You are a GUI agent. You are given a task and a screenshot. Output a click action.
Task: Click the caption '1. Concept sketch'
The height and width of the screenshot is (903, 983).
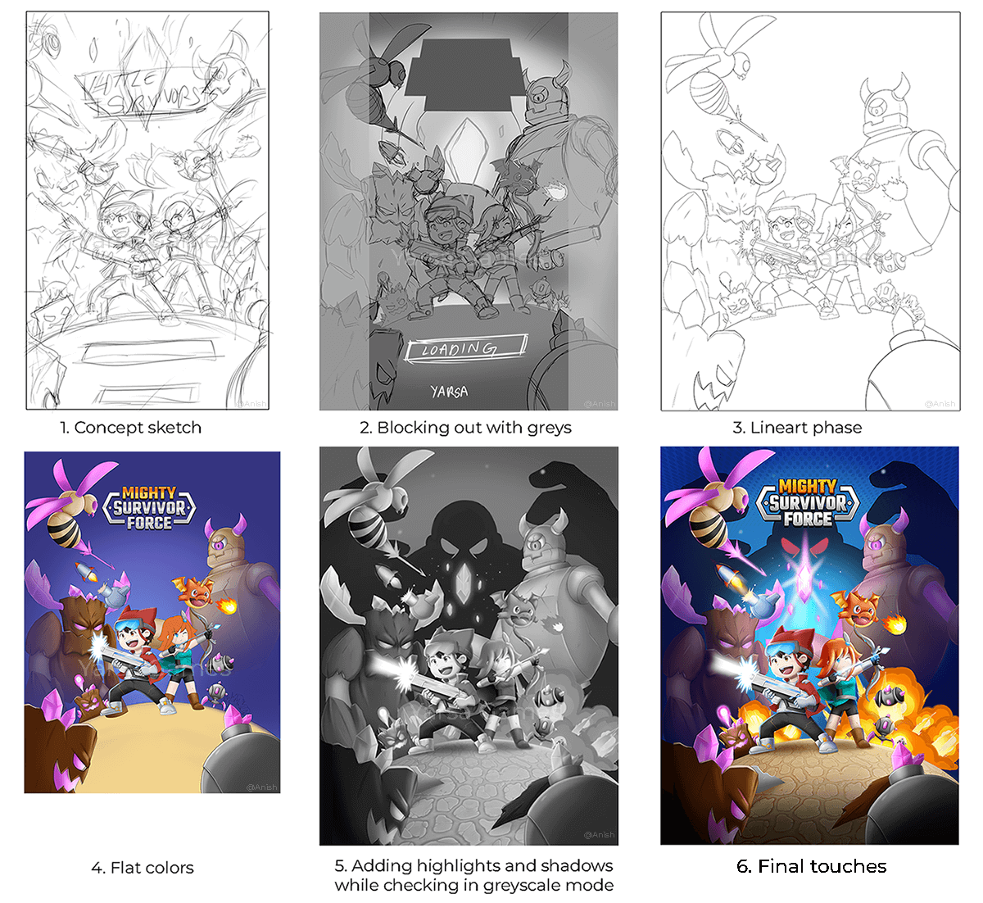coord(130,428)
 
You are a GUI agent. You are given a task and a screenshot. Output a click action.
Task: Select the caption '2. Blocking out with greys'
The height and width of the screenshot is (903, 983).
coord(465,428)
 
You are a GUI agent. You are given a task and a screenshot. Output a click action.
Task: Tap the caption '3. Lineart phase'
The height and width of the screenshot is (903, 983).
coord(797,428)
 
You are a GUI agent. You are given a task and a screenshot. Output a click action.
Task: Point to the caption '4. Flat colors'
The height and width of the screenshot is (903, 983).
coord(143,868)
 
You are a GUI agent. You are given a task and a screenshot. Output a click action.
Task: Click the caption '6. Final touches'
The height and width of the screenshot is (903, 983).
coord(811,867)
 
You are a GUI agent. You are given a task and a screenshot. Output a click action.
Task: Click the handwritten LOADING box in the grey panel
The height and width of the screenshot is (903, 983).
coord(464,349)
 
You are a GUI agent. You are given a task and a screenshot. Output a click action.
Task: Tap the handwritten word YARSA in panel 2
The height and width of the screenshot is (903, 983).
coord(449,392)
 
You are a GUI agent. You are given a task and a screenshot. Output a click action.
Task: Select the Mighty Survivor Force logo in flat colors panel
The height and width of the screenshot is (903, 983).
coord(149,508)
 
